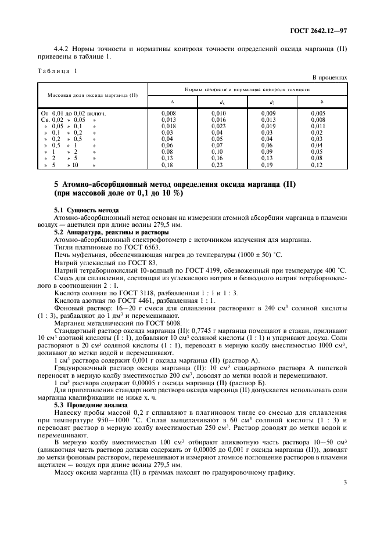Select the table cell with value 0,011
(x=318, y=126)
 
